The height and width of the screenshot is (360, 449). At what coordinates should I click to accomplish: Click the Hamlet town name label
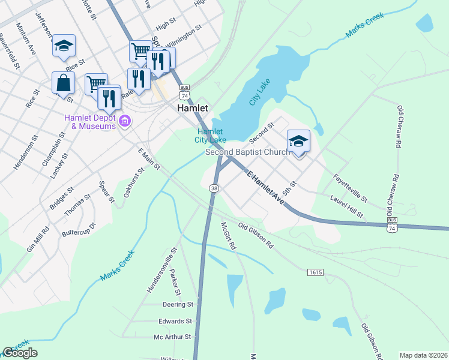tap(192, 109)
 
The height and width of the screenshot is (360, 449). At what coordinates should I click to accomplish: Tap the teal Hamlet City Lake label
tap(210, 136)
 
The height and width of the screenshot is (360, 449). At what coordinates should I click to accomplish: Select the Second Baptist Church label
tap(247, 152)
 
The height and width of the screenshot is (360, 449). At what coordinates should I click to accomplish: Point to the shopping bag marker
tap(63, 83)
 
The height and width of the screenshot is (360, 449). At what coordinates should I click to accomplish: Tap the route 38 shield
tap(214, 188)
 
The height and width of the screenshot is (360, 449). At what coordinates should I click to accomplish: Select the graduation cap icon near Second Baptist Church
tap(298, 141)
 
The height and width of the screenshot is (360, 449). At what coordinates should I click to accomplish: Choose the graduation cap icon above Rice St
tap(63, 46)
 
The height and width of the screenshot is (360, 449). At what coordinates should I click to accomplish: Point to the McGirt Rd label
tap(228, 236)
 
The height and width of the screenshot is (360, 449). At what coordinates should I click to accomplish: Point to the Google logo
tap(20, 353)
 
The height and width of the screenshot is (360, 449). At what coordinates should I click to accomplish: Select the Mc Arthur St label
tap(172, 337)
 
